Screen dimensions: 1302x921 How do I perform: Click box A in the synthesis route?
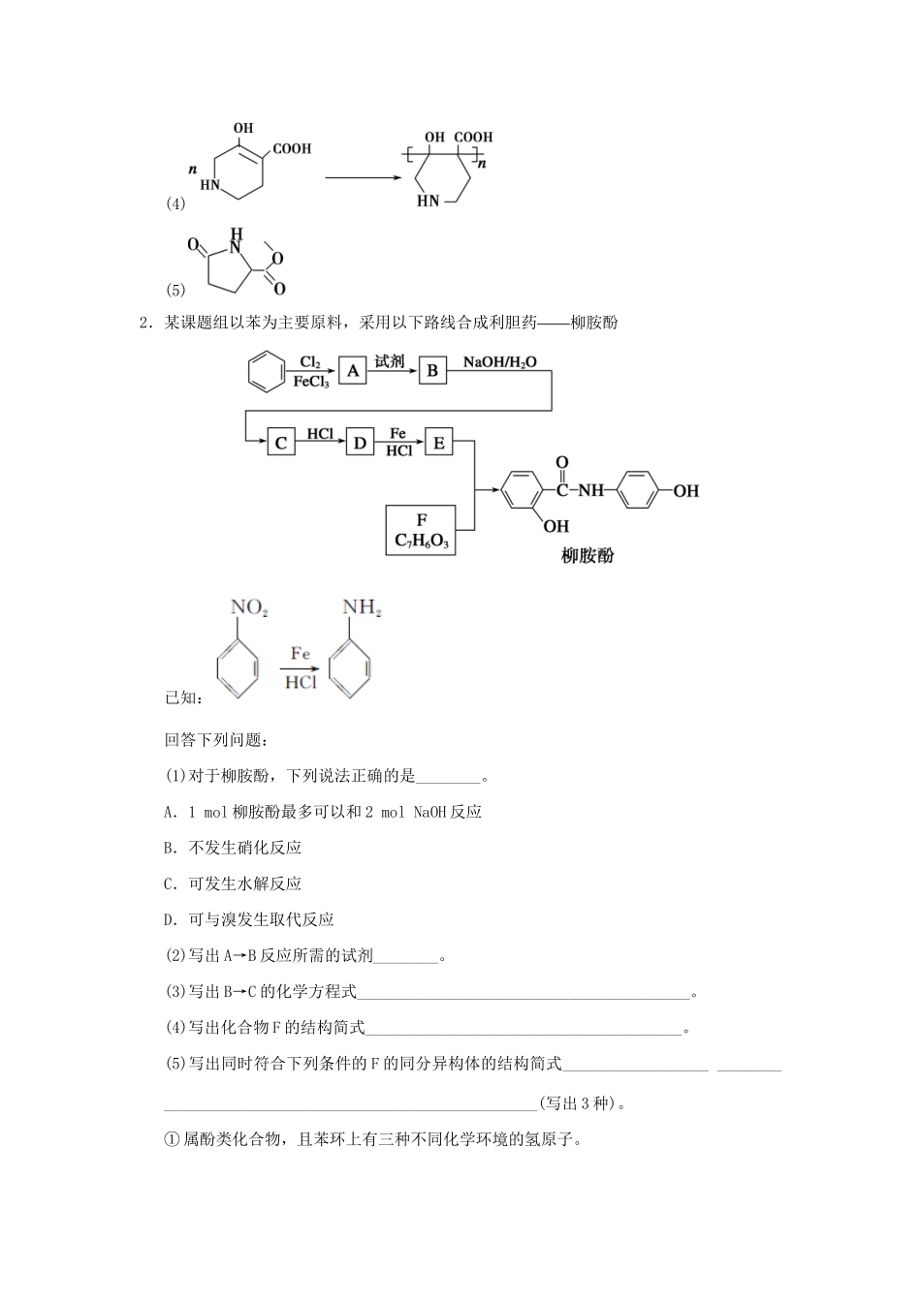353,371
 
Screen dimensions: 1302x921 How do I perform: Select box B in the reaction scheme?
432,371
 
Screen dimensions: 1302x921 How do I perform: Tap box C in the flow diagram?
281,443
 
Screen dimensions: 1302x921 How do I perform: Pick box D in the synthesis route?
360,443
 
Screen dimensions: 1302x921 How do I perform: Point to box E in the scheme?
438,443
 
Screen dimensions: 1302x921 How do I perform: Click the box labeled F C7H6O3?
421,530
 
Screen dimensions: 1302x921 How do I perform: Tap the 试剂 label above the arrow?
389,361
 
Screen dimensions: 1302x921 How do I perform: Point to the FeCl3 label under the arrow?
311,383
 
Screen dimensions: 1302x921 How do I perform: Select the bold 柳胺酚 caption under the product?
588,556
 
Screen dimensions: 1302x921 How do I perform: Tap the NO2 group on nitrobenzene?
248,608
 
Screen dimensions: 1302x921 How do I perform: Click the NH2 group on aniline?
362,608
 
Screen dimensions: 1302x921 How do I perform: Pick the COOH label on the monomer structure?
292,149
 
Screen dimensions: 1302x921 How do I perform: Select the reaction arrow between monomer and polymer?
364,177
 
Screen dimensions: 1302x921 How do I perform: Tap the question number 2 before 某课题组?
144,324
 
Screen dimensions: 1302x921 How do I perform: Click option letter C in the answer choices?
169,883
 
